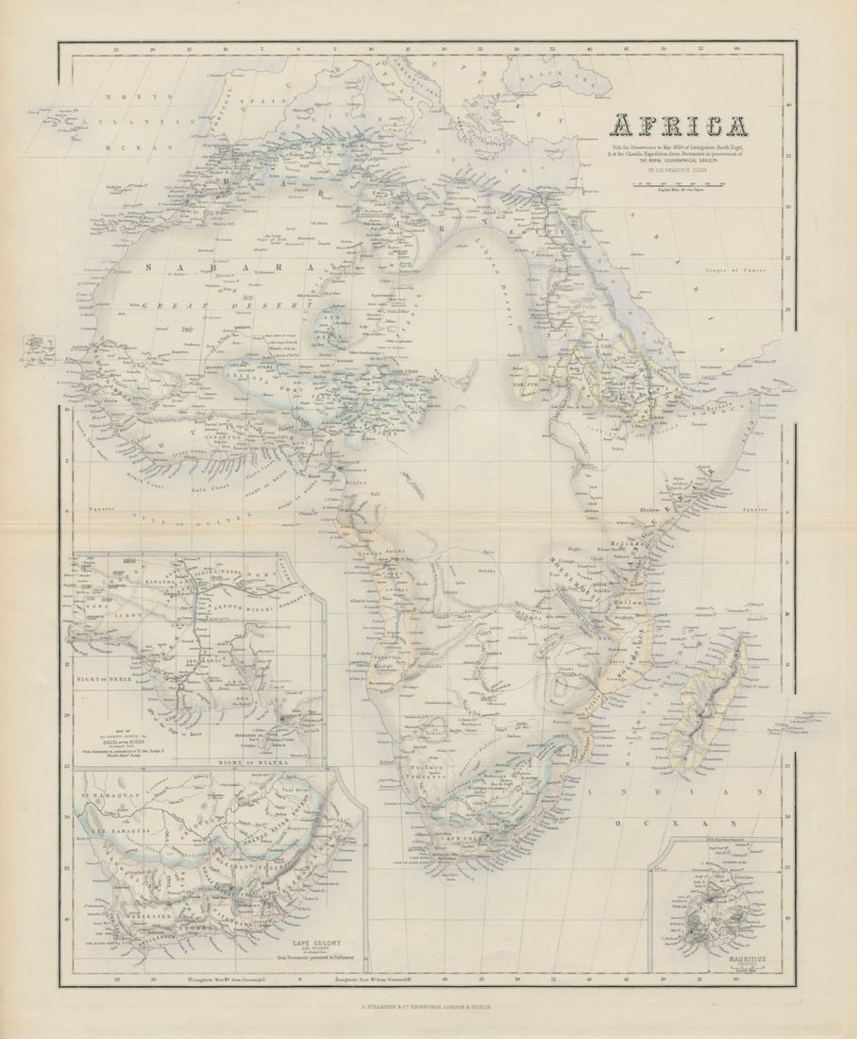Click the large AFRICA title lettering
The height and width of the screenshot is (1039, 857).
[x=678, y=126]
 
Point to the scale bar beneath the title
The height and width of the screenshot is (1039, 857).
[x=678, y=185]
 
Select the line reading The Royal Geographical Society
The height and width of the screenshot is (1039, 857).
[x=678, y=162]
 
